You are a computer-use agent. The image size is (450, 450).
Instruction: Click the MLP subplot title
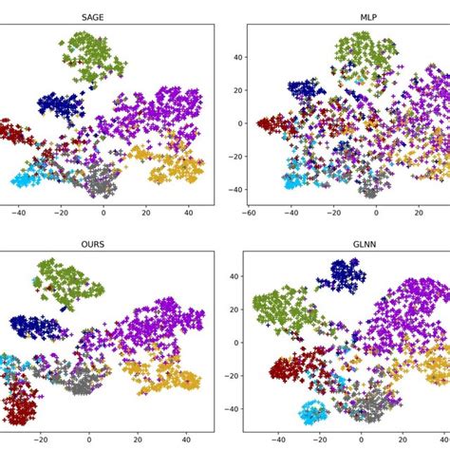point(343,16)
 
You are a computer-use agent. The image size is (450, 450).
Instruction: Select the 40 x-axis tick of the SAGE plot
point(187,214)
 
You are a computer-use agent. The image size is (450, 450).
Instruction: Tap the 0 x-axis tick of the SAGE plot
point(103,214)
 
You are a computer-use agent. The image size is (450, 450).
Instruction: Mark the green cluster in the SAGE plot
point(88,55)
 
